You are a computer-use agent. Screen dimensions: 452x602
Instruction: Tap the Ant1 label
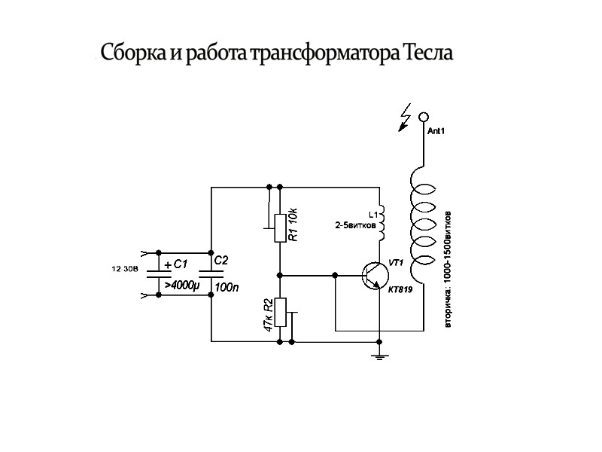pos(436,132)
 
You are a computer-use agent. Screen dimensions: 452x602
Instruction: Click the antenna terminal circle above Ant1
pos(424,118)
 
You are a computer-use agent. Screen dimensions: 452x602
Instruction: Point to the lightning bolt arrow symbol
pos(406,118)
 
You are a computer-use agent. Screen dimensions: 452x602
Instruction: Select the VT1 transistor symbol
pos(372,276)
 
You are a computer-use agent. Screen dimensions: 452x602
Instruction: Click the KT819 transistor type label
pos(400,290)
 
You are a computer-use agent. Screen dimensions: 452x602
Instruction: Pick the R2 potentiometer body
pos(279,312)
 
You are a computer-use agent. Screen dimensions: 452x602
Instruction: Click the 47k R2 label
pos(267,311)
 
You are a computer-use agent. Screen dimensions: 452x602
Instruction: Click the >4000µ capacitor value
pos(181,286)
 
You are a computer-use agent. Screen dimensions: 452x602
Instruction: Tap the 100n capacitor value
pos(227,286)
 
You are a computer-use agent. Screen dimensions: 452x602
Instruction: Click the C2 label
pos(221,261)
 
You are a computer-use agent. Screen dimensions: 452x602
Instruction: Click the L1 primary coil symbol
pos(381,219)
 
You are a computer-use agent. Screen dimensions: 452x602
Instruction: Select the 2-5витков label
pos(355,225)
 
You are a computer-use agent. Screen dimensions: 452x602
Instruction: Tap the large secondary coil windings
pos(423,225)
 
